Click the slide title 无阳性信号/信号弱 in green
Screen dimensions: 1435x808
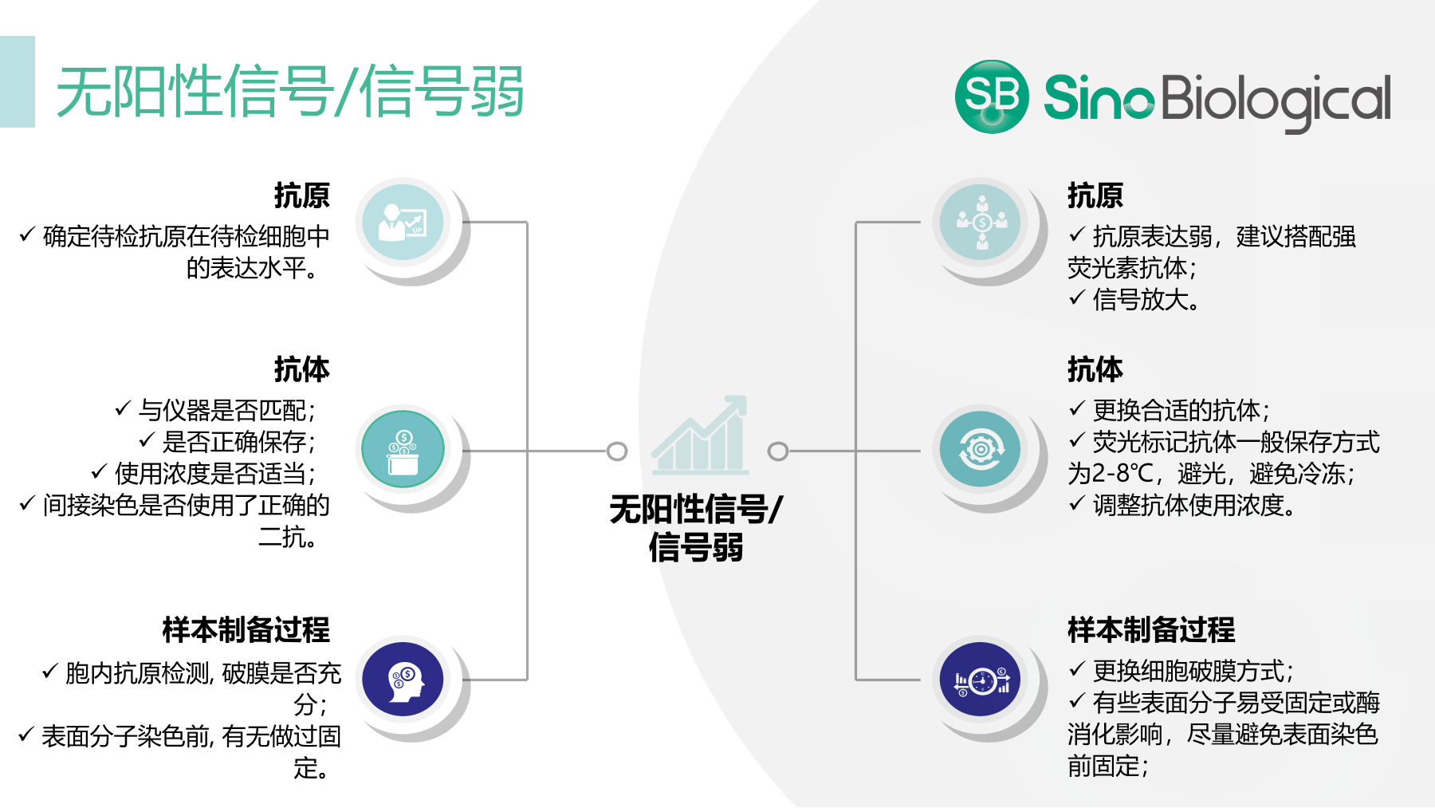[x=290, y=91]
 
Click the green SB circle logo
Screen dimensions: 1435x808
[x=992, y=97]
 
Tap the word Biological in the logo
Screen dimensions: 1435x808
[x=1276, y=101]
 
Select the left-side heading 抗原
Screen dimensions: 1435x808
[x=302, y=195]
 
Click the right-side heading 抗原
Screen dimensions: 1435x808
[x=1095, y=195]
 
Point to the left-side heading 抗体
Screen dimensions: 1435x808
[x=302, y=369]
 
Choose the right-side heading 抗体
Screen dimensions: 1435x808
[x=1095, y=369]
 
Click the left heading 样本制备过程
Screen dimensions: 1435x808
[x=246, y=629]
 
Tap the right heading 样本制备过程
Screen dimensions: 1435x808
[x=1151, y=629]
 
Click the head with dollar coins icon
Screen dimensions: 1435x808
[x=403, y=680]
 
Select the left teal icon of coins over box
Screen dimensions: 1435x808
[x=403, y=450]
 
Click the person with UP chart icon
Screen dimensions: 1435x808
[x=403, y=223]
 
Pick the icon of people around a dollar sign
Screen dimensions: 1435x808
[x=981, y=223]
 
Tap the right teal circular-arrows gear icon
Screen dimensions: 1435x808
[x=981, y=450]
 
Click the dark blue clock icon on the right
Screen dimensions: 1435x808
[x=981, y=680]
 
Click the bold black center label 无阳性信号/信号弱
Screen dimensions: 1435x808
[x=696, y=528]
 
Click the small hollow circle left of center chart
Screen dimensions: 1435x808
[x=617, y=451]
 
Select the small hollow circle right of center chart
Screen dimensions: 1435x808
[x=778, y=451]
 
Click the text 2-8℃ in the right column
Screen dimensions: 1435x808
[x=1122, y=474]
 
